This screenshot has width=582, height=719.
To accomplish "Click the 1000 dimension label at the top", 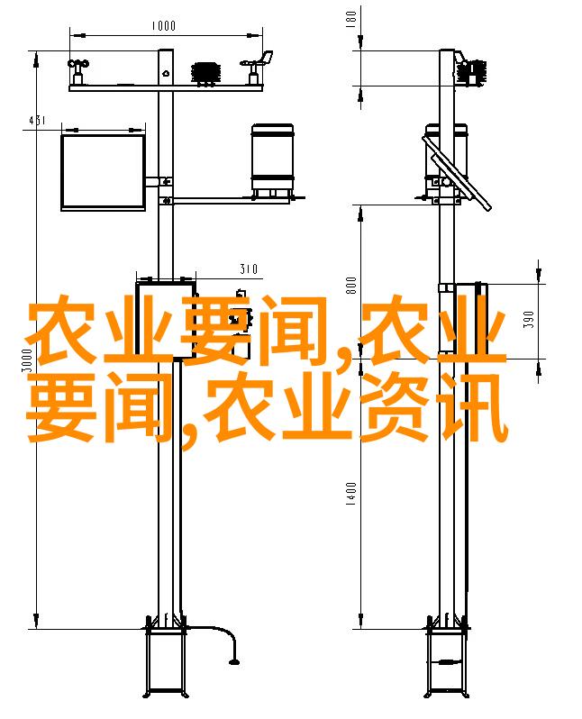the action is coord(164,25).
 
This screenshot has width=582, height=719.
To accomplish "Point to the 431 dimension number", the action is coord(37,121).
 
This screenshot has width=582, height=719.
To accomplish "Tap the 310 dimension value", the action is coord(249,268).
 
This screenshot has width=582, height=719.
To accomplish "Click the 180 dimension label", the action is coord(351,19).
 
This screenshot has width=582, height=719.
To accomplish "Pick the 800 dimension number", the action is coord(351,286).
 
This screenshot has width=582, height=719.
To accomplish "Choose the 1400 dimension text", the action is coord(351,494).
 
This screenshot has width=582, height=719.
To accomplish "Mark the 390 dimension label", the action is coord(529,320).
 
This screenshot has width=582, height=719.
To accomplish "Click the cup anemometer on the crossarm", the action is coord(78,71).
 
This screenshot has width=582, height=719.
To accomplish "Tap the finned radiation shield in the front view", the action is coord(206,74).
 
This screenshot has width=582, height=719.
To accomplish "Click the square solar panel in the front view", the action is coord(104,172).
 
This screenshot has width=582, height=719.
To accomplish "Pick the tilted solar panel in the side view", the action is coord(457,173).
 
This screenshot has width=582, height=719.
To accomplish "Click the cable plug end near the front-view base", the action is coord(234,661).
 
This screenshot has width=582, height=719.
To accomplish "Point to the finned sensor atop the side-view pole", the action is coord(471,72).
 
